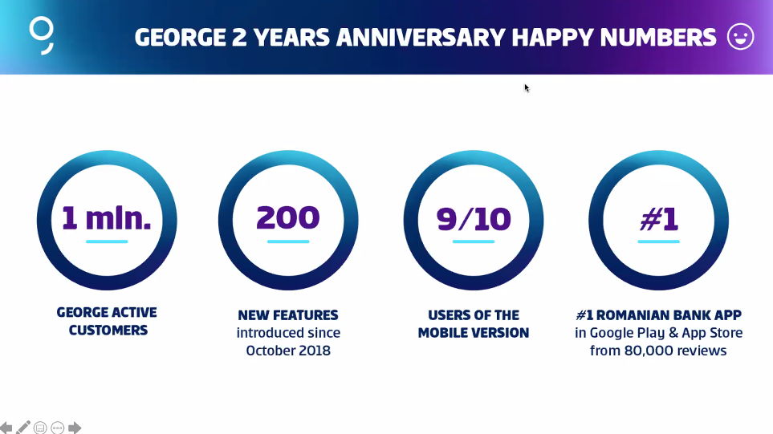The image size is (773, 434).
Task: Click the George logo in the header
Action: click(x=42, y=35)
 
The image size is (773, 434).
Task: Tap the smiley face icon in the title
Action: click(x=740, y=36)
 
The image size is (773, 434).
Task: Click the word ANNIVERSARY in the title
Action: click(x=421, y=38)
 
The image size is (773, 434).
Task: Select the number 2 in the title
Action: click(x=239, y=38)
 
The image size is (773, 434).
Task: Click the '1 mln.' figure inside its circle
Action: click(x=107, y=217)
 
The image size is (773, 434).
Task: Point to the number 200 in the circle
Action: click(x=288, y=217)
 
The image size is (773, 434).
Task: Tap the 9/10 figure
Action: click(x=474, y=219)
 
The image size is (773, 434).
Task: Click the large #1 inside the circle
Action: click(x=659, y=218)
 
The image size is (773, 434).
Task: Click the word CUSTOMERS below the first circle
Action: click(x=108, y=330)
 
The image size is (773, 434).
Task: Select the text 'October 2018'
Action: click(x=288, y=351)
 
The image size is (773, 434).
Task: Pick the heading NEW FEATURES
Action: click(x=288, y=315)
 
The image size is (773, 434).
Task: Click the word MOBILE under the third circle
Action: click(x=442, y=333)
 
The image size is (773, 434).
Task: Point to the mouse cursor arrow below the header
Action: click(x=527, y=88)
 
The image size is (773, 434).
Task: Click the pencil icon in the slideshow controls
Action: click(x=23, y=427)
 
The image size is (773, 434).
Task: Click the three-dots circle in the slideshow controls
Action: click(x=58, y=428)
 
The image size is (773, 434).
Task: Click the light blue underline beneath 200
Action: click(x=288, y=241)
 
